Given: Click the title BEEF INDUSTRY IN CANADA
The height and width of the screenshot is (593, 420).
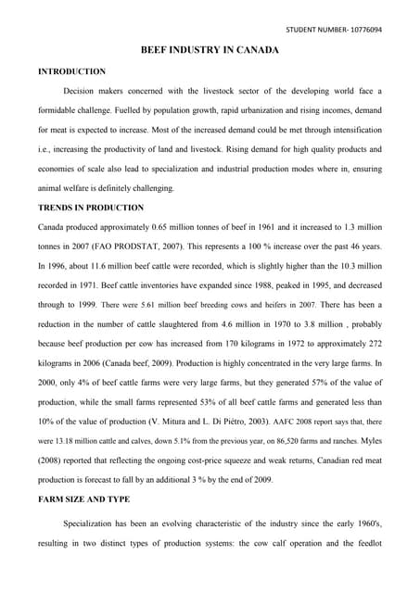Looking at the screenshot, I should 209,50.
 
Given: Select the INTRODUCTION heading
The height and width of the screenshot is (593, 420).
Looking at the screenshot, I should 71,71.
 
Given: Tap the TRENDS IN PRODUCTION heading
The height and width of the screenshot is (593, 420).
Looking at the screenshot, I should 90,208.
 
